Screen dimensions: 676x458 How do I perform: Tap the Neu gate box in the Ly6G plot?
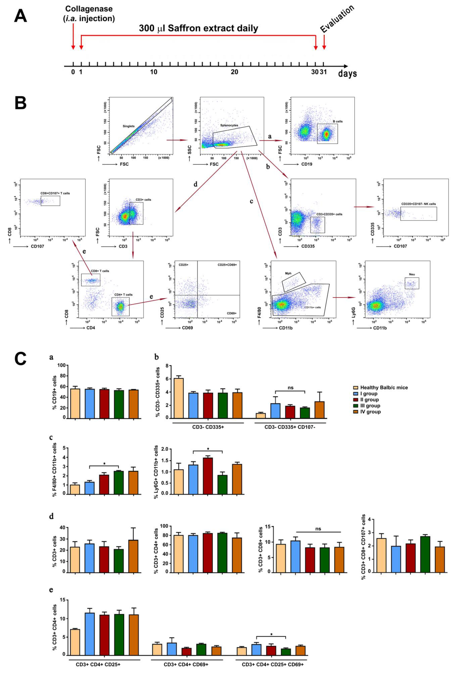[x=412, y=283]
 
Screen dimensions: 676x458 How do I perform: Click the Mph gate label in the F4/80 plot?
[x=288, y=273]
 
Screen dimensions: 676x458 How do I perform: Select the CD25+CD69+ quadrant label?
[x=227, y=265]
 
